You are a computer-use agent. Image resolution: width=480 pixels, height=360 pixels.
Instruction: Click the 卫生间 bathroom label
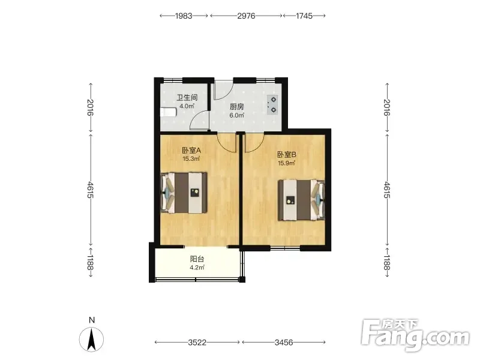[x=187, y=97]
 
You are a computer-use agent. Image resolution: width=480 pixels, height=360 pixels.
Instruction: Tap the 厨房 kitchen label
[x=237, y=107]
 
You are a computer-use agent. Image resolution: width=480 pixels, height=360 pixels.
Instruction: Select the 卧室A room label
[x=191, y=151]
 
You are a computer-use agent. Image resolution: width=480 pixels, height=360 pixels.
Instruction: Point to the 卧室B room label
[x=287, y=155]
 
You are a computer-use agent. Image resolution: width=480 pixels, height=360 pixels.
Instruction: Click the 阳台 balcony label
[x=197, y=259]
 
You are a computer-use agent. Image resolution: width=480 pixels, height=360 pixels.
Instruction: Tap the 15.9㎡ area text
[x=286, y=163]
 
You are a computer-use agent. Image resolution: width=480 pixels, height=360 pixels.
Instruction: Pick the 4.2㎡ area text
[x=197, y=268]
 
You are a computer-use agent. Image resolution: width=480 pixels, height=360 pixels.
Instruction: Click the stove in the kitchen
[x=272, y=104]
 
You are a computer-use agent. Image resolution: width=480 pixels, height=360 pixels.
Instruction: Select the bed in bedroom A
[x=184, y=193]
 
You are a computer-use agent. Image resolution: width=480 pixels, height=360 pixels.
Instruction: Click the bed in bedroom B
[x=301, y=200]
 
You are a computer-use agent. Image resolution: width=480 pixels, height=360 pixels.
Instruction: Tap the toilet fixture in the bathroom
[x=169, y=112]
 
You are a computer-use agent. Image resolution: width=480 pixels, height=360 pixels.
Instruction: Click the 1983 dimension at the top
[x=184, y=16]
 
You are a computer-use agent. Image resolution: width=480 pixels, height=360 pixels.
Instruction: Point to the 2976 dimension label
[x=246, y=16]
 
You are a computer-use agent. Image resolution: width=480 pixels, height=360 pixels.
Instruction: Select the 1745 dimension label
[x=304, y=16]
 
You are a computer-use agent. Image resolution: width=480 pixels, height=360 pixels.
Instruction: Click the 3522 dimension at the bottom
[x=197, y=342]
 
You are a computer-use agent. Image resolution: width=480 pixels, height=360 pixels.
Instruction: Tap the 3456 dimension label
[x=284, y=342]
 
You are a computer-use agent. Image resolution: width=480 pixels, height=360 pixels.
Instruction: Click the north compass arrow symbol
[x=91, y=339]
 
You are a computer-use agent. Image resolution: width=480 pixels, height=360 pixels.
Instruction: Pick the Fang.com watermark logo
[x=415, y=335]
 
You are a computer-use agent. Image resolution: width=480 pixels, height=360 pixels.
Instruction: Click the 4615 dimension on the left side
[x=91, y=190]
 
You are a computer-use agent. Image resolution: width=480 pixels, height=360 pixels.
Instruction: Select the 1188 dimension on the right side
[x=387, y=263]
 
